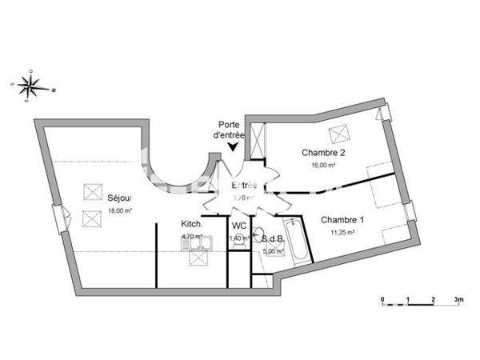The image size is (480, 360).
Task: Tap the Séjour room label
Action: (120, 199)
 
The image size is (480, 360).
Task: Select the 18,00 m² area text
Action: (119, 211)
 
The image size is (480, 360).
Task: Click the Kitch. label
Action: (191, 225)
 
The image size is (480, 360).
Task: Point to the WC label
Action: (238, 225)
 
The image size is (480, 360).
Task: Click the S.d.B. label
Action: (272, 238)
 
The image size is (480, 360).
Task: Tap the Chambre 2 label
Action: (322, 153)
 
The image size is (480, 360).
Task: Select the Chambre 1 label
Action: (342, 219)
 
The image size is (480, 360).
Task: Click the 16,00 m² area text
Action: (323, 166)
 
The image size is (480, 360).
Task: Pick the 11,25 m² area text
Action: (342, 232)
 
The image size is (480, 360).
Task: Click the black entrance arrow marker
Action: (234, 146)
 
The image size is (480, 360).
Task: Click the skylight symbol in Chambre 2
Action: (337, 133)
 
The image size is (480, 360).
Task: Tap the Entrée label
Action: (243, 186)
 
